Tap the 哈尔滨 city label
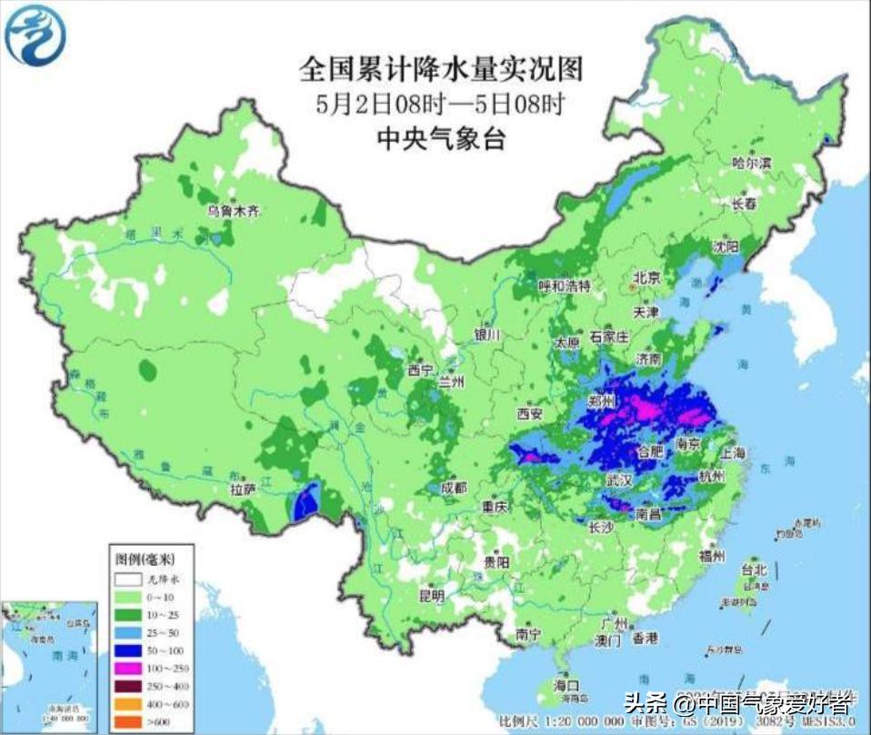pyautogui.click(x=751, y=163)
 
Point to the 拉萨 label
pyautogui.click(x=243, y=489)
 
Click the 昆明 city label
pyautogui.click(x=431, y=596)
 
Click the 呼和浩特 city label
pyautogui.click(x=564, y=286)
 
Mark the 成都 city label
pyautogui.click(x=453, y=488)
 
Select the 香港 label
pyautogui.click(x=645, y=638)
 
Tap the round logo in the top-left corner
pyautogui.click(x=35, y=34)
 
